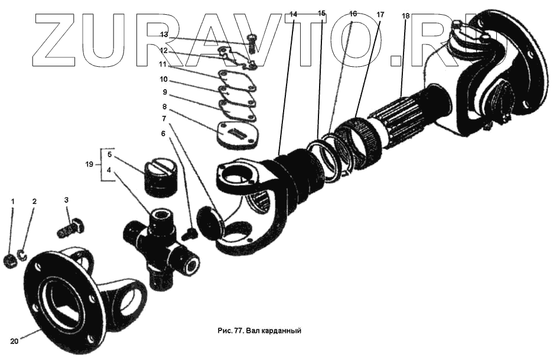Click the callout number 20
coord(15,341)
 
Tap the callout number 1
coord(12,202)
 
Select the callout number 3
coord(67,201)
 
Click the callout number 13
coord(164,35)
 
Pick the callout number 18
coord(405,16)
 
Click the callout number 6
coord(164,134)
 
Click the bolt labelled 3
coord(71,228)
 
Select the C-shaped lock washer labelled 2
coord(22,255)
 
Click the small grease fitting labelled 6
coord(188,234)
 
